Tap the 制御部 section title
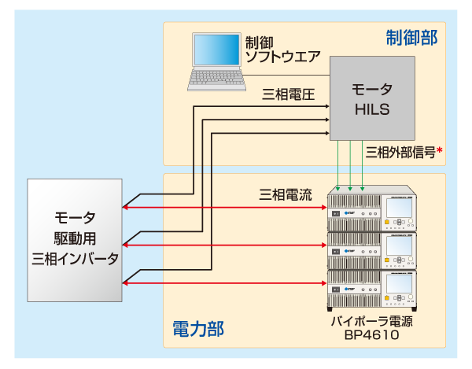[x=411, y=38]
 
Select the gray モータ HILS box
[x=372, y=98]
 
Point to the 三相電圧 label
[x=288, y=95]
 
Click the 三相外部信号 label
[x=400, y=152]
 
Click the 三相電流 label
[x=286, y=194]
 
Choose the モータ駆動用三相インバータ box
[x=75, y=239]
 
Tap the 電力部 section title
[x=197, y=327]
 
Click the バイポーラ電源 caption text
[x=372, y=320]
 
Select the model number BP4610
[x=372, y=334]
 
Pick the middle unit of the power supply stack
[x=372, y=250]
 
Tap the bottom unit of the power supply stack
[x=372, y=289]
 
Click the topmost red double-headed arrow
[x=224, y=208]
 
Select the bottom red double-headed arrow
[x=224, y=282]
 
